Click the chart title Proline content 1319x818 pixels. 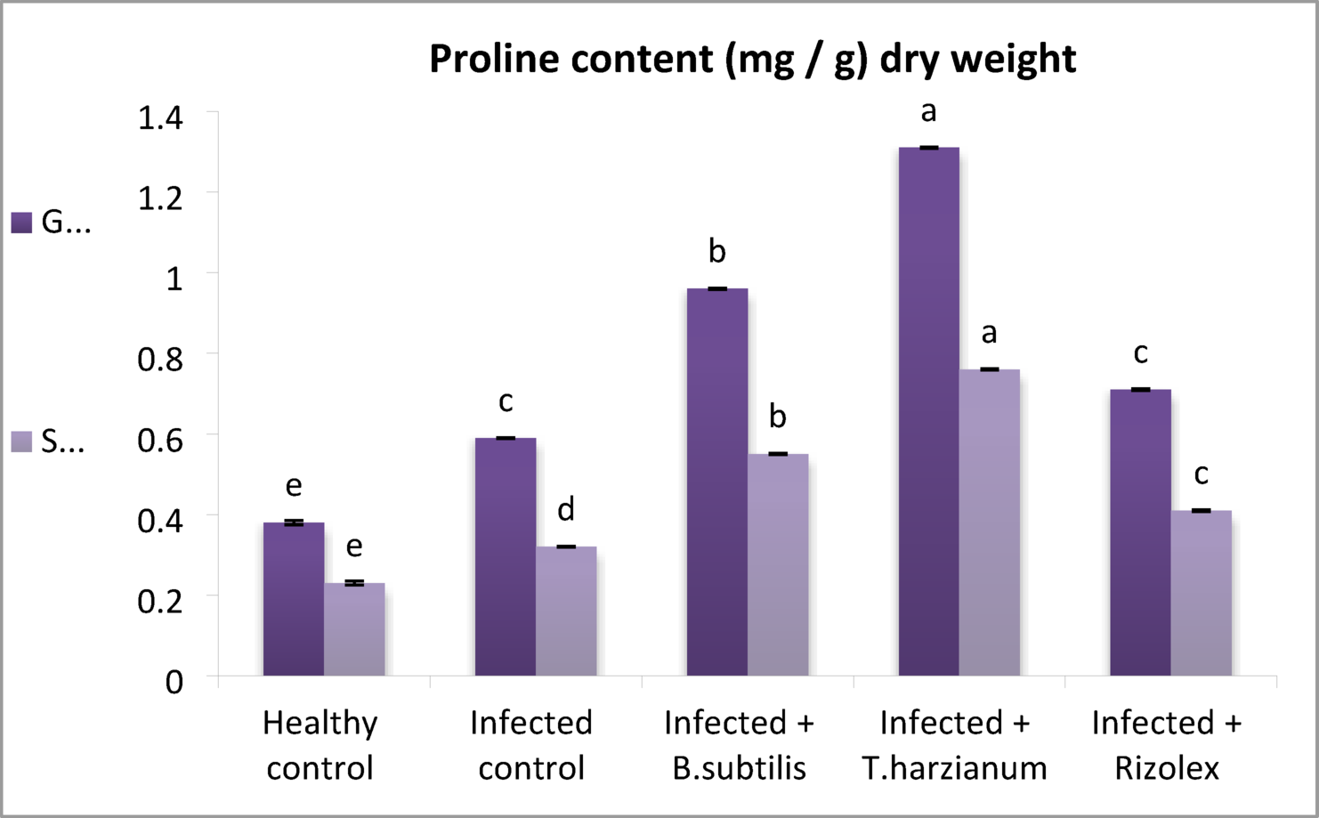752,59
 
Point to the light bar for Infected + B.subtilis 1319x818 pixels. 778,564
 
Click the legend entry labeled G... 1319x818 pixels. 52,223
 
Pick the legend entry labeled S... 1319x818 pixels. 50,441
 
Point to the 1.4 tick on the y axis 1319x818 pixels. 160,117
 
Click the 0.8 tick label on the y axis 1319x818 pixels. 160,359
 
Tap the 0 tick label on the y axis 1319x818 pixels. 174,681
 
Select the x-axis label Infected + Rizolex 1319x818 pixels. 1166,745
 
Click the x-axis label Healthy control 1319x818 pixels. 320,745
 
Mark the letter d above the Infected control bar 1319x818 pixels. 566,510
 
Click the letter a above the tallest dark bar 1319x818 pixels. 929,112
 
